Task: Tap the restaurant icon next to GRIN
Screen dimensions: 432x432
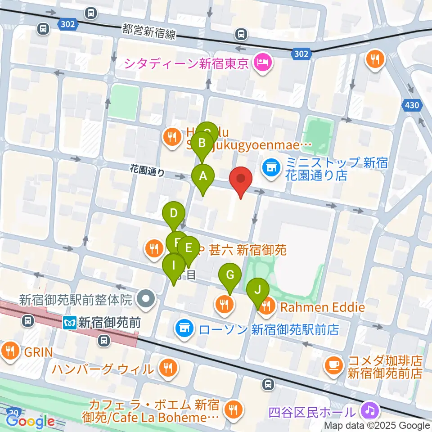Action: pyautogui.click(x=10, y=351)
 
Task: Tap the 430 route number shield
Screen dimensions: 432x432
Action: pyautogui.click(x=411, y=106)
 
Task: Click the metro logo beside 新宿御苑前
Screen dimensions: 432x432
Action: pyautogui.click(x=70, y=322)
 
